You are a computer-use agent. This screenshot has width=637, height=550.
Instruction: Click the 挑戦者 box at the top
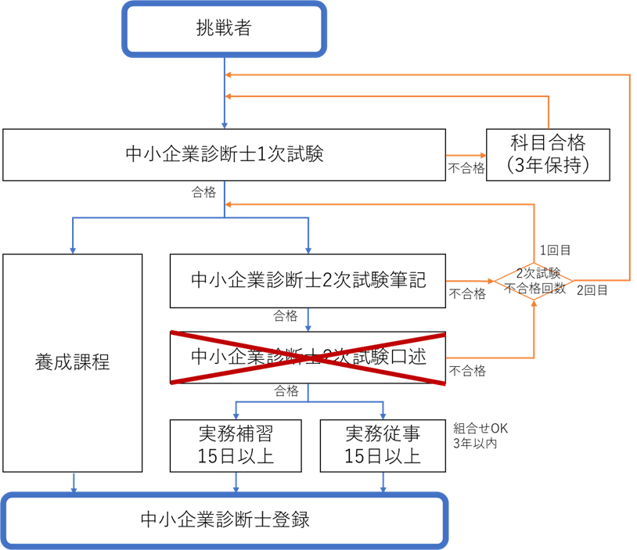[224, 29]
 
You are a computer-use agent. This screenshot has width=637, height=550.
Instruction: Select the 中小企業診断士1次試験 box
[224, 154]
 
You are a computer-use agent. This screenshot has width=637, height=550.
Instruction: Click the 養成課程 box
[72, 362]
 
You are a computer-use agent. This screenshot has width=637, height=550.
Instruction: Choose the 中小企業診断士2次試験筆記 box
[308, 280]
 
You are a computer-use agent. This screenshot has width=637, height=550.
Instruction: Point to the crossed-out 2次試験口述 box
[308, 358]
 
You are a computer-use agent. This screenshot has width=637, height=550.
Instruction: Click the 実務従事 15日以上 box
[383, 444]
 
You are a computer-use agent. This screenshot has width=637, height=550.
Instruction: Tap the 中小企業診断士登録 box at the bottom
[224, 519]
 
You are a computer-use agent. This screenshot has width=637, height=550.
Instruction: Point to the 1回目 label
[554, 250]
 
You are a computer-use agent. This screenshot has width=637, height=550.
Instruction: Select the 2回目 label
[592, 290]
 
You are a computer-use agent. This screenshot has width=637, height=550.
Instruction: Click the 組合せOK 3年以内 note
[480, 436]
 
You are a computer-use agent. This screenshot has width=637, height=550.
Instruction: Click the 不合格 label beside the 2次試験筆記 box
[466, 294]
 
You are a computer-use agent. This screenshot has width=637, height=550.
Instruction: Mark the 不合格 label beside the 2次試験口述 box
[466, 371]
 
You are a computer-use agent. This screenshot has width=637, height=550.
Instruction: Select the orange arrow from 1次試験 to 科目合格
[466, 154]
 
